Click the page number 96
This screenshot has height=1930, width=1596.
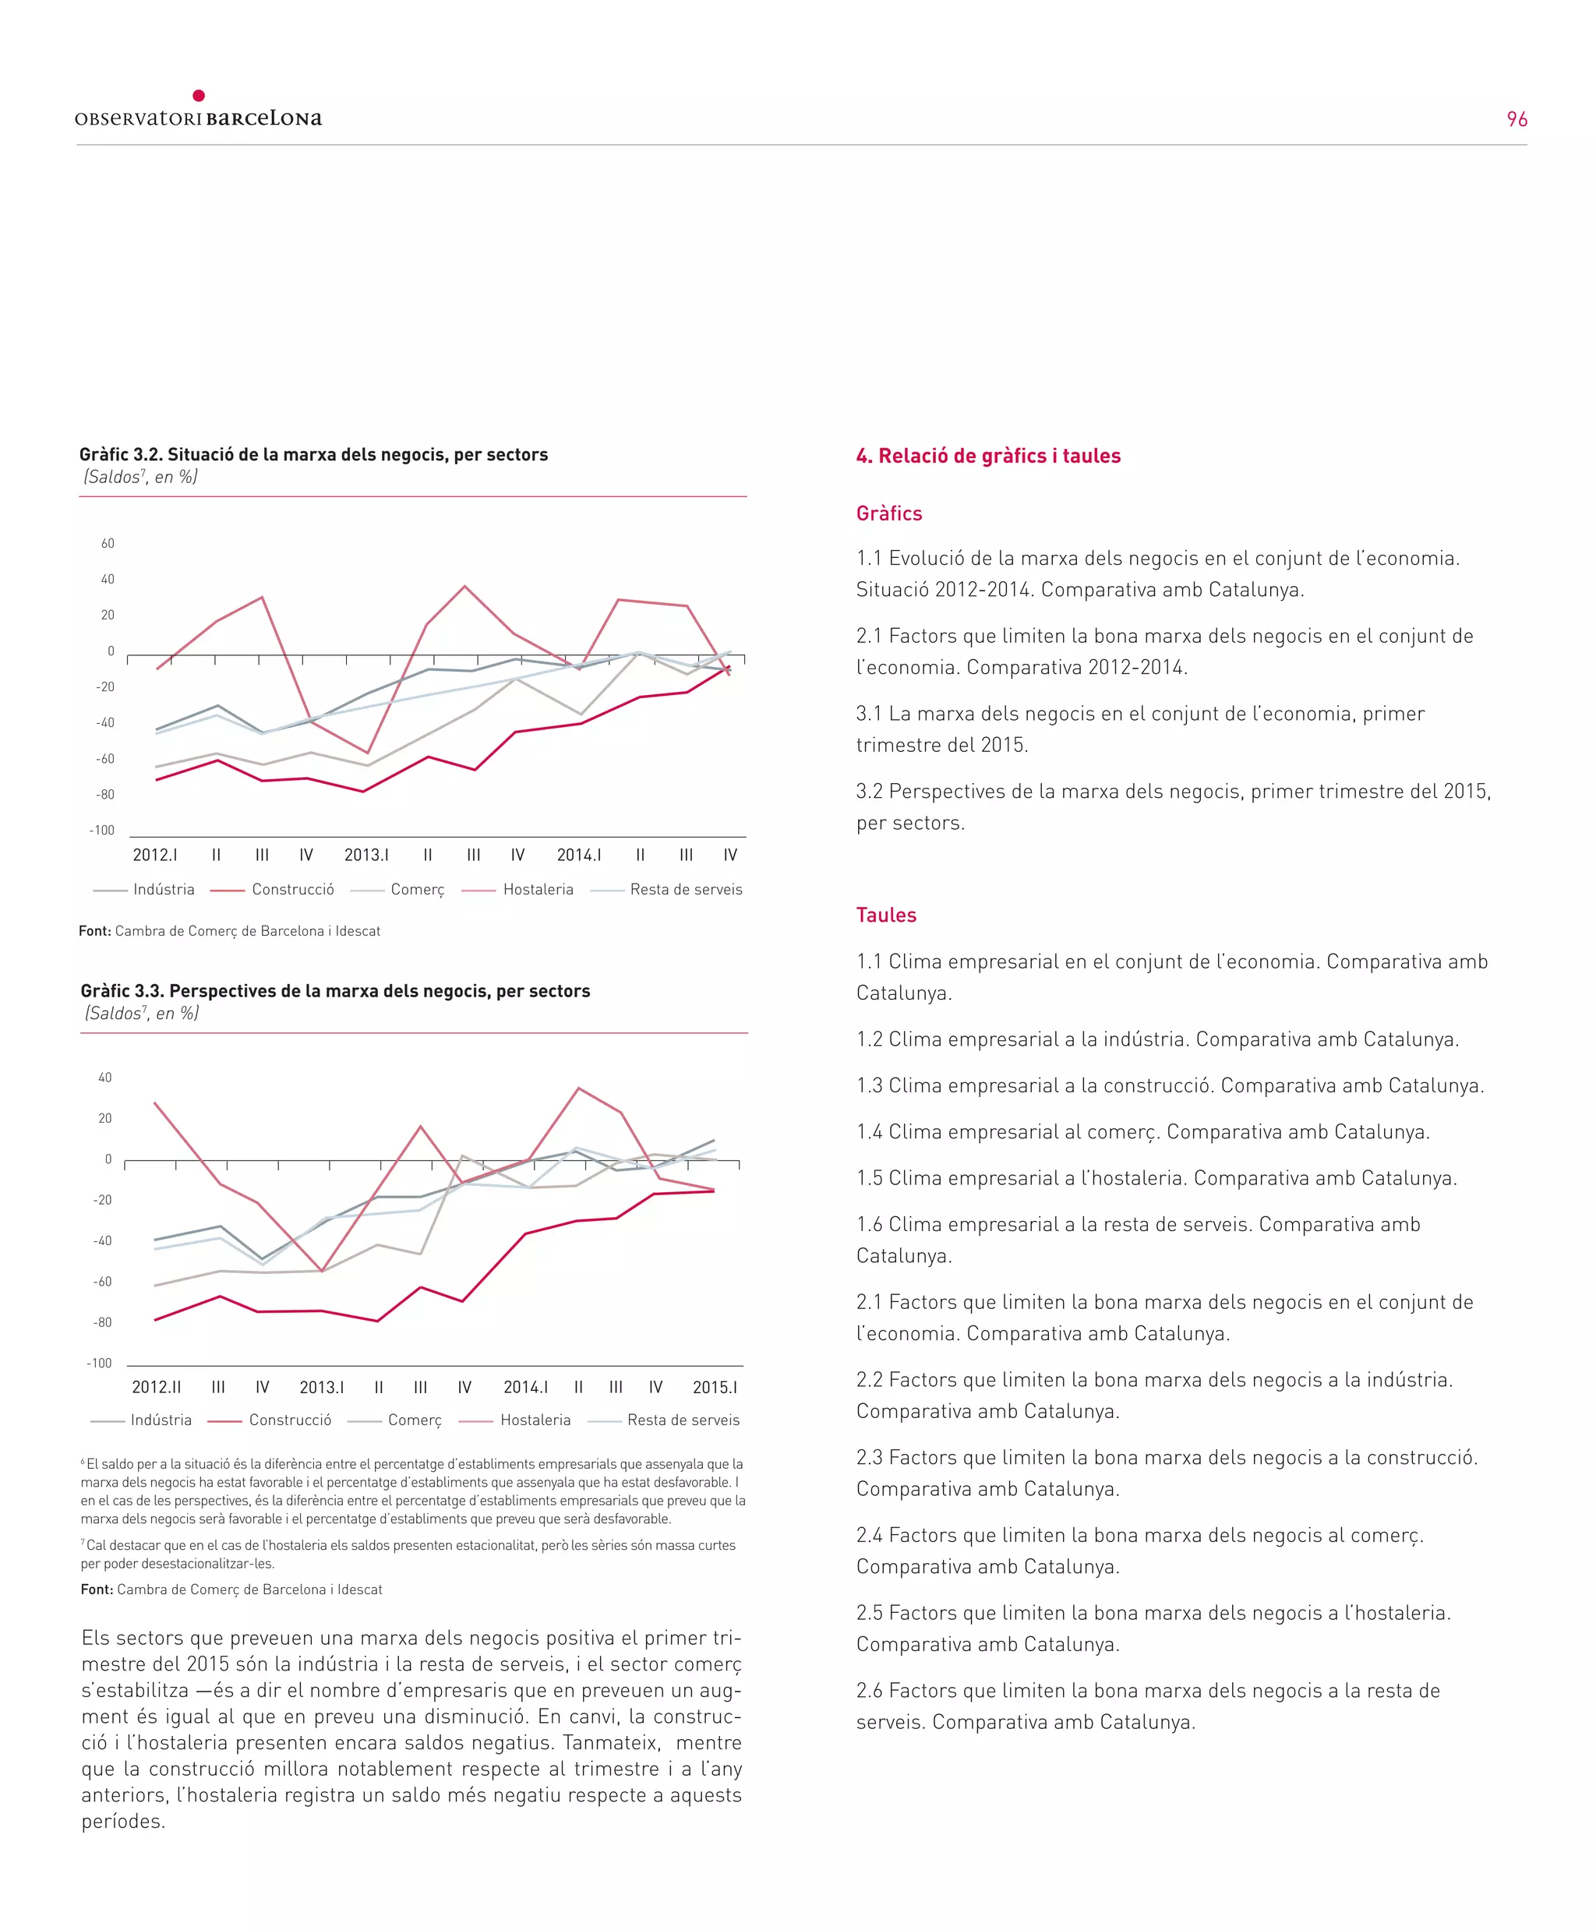pyautogui.click(x=1516, y=119)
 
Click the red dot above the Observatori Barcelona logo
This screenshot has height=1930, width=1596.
pyautogui.click(x=199, y=96)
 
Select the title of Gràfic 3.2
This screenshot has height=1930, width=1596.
pyautogui.click(x=312, y=455)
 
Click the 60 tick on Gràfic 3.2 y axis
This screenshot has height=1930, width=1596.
pyautogui.click(x=108, y=544)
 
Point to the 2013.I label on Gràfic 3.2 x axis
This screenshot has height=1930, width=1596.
pyautogui.click(x=366, y=856)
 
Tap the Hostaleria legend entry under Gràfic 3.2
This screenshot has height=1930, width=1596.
pyautogui.click(x=538, y=890)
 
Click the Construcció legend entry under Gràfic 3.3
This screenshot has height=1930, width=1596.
pyautogui.click(x=290, y=1420)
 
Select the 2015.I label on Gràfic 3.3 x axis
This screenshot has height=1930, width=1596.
pyautogui.click(x=715, y=1388)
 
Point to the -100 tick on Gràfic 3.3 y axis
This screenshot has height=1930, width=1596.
pyautogui.click(x=99, y=1364)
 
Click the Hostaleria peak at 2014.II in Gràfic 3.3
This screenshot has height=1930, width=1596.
pyautogui.click(x=578, y=1088)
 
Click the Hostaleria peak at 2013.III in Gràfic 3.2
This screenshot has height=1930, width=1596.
pyautogui.click(x=464, y=587)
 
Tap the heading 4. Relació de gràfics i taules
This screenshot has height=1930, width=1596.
pyautogui.click(x=987, y=457)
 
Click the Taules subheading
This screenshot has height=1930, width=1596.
pyautogui.click(x=885, y=916)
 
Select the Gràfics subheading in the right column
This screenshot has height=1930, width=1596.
pyautogui.click(x=888, y=513)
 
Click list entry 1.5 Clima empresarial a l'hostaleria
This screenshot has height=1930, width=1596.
pyautogui.click(x=1156, y=1178)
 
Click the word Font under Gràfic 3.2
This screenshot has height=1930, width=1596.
pyautogui.click(x=94, y=931)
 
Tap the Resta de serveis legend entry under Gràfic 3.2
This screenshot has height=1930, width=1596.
pyautogui.click(x=685, y=890)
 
